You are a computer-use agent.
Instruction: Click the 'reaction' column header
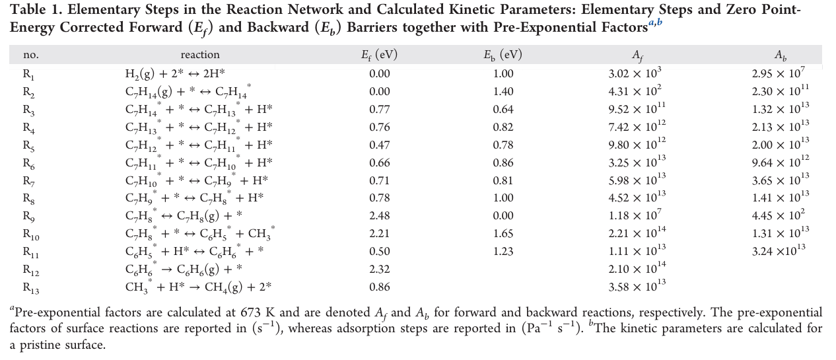coord(200,55)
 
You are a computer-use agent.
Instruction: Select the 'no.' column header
coord(30,55)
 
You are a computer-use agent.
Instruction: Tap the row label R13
coord(31,288)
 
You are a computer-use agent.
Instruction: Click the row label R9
coord(29,217)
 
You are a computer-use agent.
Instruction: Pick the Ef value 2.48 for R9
coord(379,215)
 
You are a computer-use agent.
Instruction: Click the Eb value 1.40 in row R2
coord(503,92)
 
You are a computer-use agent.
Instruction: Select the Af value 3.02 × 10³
coord(635,73)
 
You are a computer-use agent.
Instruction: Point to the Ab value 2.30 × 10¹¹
coord(780,90)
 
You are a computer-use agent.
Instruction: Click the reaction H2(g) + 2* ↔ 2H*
coord(175,73)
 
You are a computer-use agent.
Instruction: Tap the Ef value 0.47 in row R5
coord(379,145)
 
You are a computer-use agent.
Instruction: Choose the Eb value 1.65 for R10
coord(503,233)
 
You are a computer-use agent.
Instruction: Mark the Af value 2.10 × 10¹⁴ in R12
coord(637,268)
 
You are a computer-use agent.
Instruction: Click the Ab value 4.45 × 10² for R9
coord(778,215)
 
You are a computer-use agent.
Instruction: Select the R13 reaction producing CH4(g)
coord(198,287)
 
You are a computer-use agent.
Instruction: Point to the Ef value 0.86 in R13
coord(379,287)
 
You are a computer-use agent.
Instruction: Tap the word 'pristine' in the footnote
coord(41,345)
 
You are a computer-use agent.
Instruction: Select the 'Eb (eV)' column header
coord(503,55)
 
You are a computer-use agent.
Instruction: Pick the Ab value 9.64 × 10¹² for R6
coord(780,162)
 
